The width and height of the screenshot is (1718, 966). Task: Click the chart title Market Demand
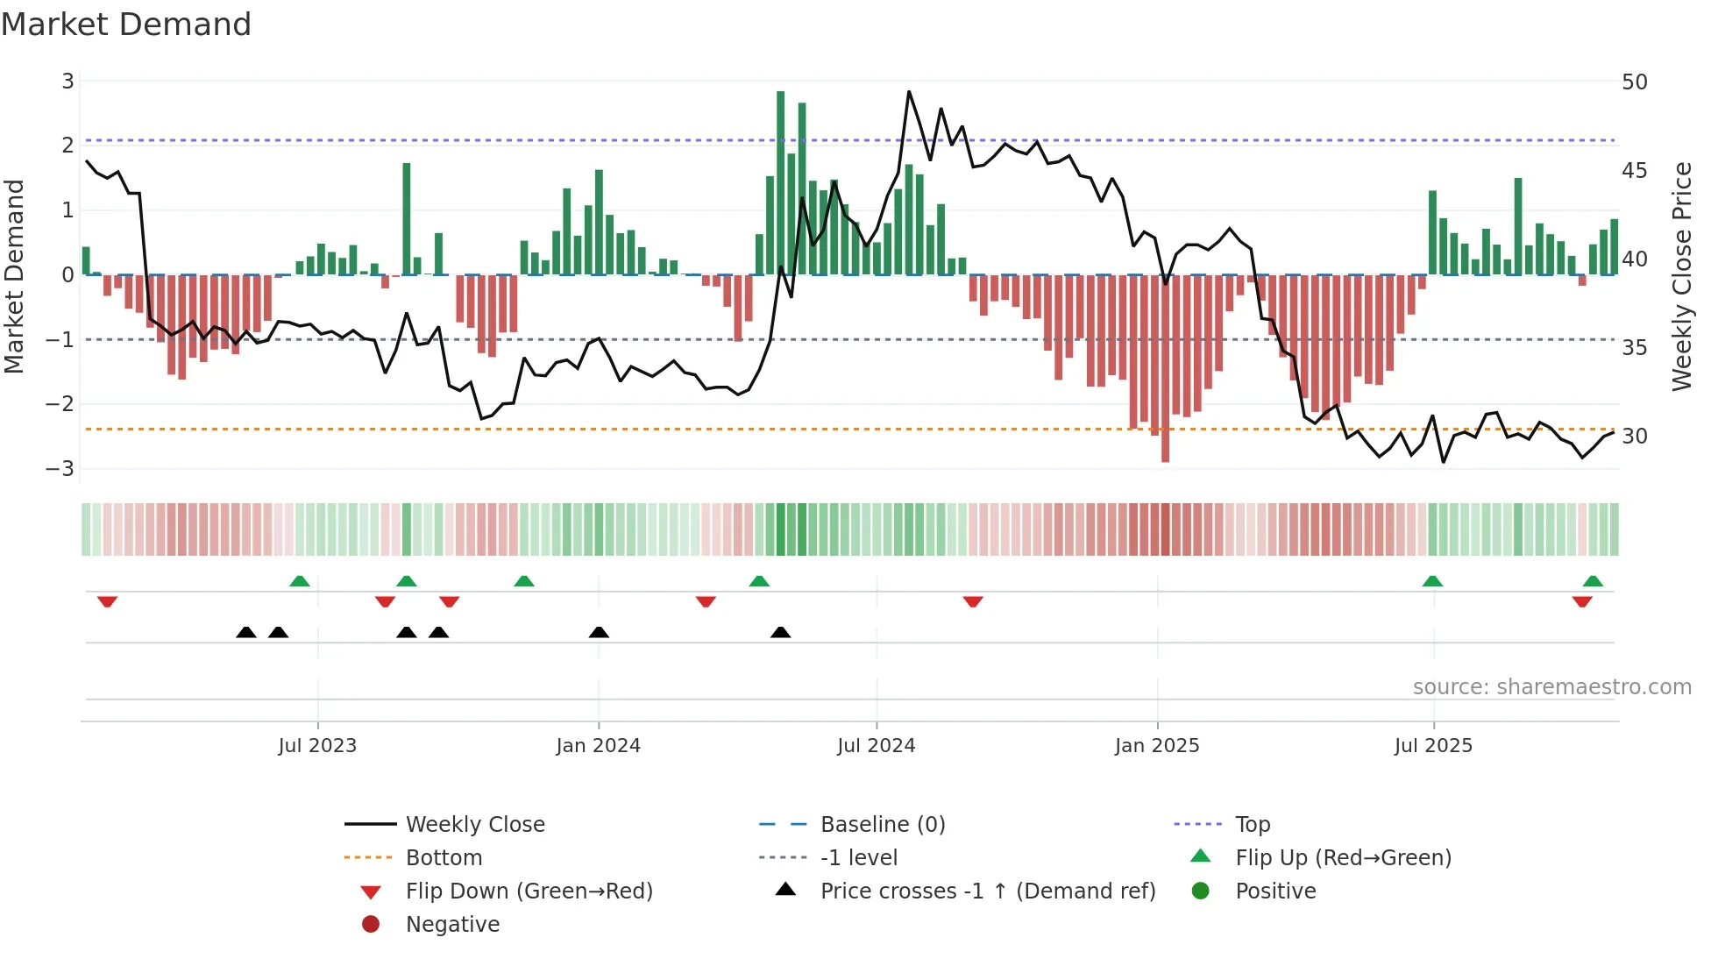point(126,25)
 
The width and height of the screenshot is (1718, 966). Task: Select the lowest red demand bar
point(1165,368)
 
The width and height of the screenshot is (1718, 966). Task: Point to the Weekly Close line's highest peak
point(909,92)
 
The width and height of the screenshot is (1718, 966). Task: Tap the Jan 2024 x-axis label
point(598,746)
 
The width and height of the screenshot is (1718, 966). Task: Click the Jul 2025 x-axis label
point(1433,746)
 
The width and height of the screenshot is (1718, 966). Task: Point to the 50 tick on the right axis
point(1634,82)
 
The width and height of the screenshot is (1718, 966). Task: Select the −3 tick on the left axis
point(60,468)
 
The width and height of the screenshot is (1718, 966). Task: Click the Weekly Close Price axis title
point(1681,276)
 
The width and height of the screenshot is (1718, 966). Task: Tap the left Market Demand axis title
point(15,276)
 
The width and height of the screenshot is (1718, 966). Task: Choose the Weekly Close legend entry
point(474,825)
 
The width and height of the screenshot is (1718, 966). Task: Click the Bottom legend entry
point(444,858)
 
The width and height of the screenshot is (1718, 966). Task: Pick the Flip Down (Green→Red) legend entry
point(529,891)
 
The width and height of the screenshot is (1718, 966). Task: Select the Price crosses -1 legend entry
point(987,891)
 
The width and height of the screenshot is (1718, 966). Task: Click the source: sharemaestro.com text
point(1551,687)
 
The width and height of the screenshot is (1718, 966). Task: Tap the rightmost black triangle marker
point(780,632)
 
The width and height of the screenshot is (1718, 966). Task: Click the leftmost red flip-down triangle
point(107,601)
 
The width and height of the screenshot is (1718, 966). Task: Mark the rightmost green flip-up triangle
point(1593,581)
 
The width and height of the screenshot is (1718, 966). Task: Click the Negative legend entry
point(452,925)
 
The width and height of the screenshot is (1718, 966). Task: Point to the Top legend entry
point(1252,825)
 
